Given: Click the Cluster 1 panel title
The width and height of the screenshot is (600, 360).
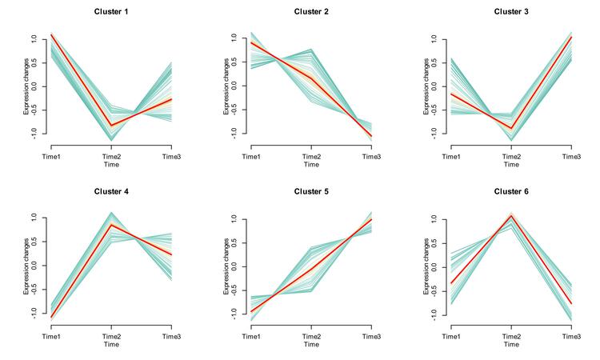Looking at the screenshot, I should pos(110,12).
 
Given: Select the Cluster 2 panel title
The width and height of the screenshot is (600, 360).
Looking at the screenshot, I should pos(310,12).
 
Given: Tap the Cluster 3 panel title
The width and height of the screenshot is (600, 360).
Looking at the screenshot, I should pos(511,12).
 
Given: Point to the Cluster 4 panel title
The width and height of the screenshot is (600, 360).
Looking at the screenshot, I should pos(110,192).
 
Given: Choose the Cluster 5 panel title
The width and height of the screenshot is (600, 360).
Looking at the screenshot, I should pos(310,192).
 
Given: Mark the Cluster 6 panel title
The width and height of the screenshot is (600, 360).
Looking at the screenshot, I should pos(511,192).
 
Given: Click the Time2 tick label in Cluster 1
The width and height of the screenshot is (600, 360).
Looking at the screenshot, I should pos(110,156).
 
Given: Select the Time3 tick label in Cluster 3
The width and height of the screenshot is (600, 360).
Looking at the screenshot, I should pos(570,156).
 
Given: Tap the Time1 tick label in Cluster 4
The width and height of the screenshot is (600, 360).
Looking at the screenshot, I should pos(51,336).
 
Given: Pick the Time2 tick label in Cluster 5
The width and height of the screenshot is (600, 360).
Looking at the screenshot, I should pos(310,336).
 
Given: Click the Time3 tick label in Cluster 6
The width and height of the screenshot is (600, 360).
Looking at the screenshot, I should pos(570,336).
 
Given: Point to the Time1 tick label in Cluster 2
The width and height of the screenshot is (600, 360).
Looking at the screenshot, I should pos(251,156).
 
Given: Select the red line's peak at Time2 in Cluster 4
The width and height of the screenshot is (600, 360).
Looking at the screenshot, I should pos(110,225).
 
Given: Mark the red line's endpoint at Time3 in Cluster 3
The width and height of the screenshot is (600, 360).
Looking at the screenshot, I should pos(570,37).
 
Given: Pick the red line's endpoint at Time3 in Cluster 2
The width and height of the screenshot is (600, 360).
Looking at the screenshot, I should pos(370,136).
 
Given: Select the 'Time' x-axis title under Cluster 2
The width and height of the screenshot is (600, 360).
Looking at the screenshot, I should pos(310,165).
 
